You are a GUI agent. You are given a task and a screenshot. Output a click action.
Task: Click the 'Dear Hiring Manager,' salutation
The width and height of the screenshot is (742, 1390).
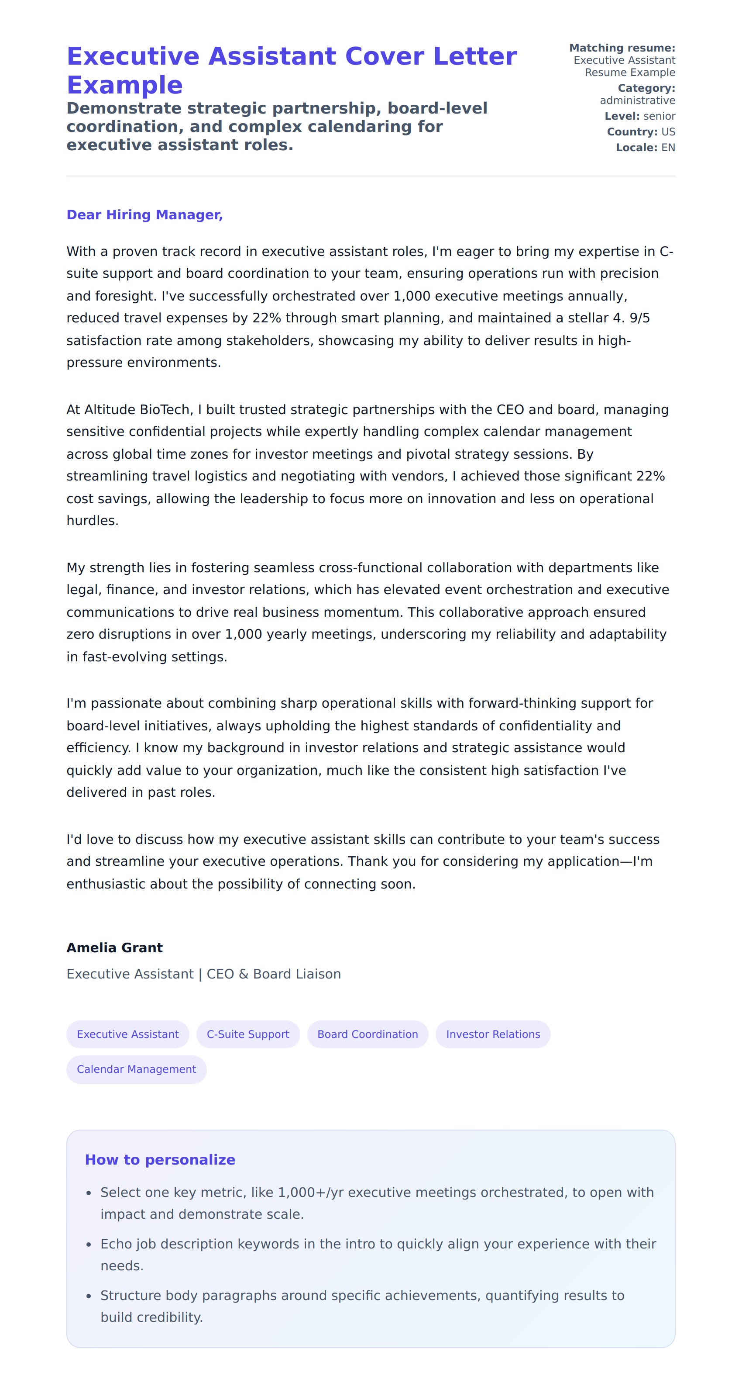tap(144, 215)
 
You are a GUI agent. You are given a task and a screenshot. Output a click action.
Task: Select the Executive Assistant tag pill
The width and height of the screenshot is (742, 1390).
tap(127, 1034)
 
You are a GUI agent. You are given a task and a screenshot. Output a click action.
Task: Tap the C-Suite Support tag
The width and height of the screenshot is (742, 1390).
tap(247, 1034)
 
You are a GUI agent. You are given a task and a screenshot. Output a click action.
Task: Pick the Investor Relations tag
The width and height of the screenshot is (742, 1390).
tap(492, 1034)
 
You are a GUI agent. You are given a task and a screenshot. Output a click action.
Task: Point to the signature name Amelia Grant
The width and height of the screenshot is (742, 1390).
tap(114, 947)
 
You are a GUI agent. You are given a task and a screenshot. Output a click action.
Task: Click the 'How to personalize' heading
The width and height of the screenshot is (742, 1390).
tap(160, 1160)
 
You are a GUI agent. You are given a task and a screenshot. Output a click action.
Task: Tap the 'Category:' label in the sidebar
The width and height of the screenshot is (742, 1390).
tap(646, 88)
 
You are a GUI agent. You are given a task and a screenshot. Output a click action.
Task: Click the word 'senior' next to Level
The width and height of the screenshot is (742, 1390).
tap(659, 116)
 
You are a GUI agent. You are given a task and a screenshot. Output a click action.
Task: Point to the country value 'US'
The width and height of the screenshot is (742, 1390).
tap(668, 131)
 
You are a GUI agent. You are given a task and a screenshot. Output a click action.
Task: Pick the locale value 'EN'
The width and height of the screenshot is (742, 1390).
tap(668, 147)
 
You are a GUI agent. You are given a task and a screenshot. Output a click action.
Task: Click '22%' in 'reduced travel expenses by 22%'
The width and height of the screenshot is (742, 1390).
tap(266, 318)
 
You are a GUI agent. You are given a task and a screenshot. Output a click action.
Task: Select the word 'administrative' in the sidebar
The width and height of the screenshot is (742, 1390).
tap(637, 100)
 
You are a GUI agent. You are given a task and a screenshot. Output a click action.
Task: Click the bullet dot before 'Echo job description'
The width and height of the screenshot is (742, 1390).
tap(89, 1244)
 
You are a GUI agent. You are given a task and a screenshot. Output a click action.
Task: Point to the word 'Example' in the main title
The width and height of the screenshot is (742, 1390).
tap(124, 85)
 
